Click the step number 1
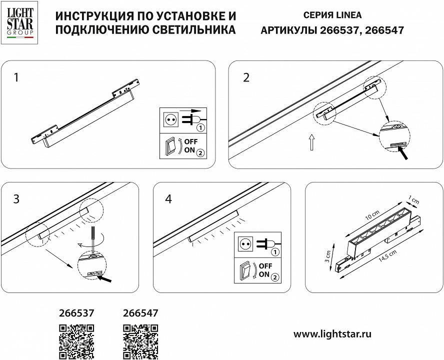(x=17, y=77)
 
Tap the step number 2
(x=246, y=77)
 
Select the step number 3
(x=17, y=199)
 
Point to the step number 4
(x=168, y=199)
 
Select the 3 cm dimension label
(x=327, y=256)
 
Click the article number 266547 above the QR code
(x=140, y=313)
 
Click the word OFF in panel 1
(x=191, y=142)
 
